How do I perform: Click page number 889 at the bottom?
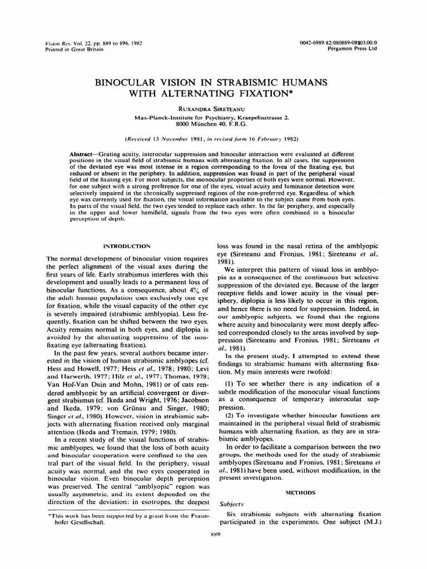(213, 535)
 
